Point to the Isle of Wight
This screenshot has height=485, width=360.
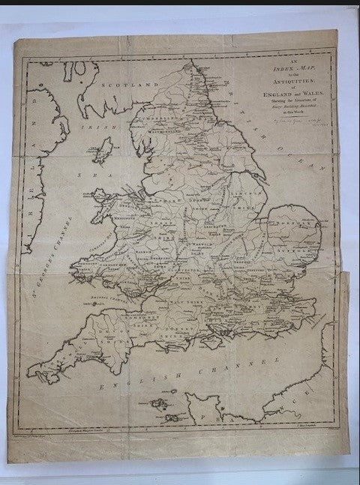pyautogui.click(x=213, y=341)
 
